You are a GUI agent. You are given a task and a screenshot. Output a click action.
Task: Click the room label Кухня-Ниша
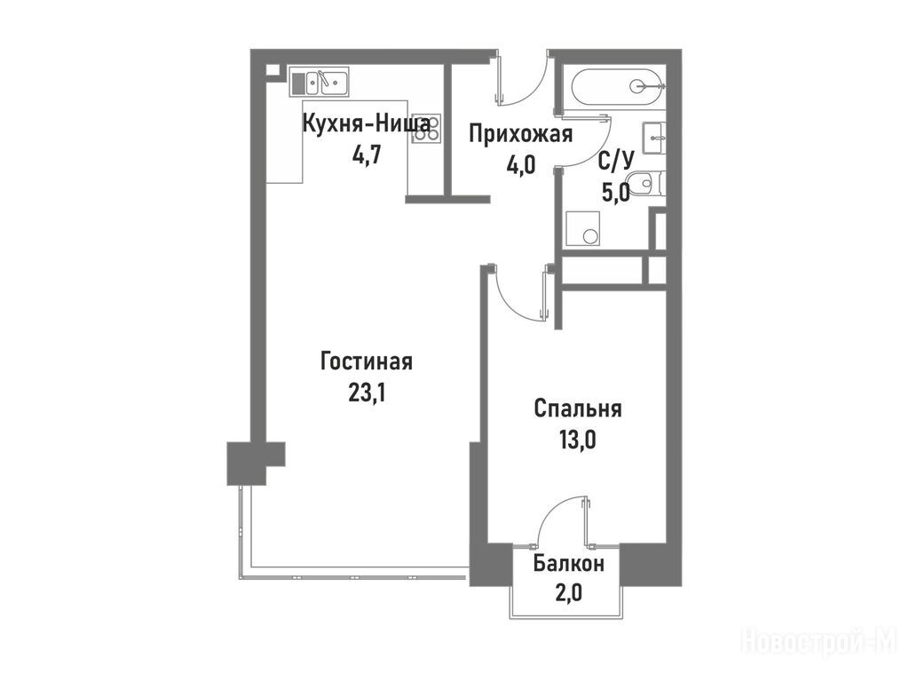pos(367,124)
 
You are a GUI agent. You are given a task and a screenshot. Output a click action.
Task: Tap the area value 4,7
pos(366,156)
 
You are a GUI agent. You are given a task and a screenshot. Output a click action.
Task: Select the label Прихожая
pos(520,135)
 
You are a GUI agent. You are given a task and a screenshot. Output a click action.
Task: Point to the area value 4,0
pos(520,166)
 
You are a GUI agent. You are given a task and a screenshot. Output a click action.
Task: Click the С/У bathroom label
pos(616,162)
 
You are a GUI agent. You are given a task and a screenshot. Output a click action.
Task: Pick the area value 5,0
pos(616,193)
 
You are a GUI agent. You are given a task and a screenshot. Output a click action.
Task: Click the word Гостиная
pos(367,362)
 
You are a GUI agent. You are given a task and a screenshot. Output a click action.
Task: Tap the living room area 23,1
pos(367,393)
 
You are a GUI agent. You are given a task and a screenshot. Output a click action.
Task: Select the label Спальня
pos(577,408)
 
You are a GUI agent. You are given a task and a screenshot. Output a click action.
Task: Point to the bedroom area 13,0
pos(577,440)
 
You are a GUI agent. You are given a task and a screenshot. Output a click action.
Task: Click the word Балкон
pos(569,563)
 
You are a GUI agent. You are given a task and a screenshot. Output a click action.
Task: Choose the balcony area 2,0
pos(569,593)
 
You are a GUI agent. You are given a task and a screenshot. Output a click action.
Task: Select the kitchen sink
pos(319,83)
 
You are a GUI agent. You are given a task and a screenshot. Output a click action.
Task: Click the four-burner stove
pos(426,128)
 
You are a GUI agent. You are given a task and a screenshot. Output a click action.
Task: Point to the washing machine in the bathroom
pos(582,229)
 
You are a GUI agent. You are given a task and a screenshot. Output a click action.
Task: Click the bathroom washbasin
pos(654,139)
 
